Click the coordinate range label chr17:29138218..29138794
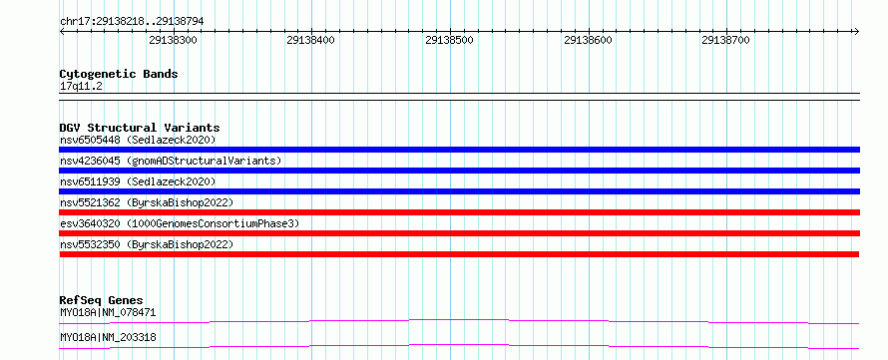(132, 22)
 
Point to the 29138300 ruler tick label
(173, 40)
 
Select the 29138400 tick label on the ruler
(311, 40)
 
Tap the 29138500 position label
(449, 40)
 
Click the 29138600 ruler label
(588, 40)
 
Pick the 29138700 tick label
(725, 40)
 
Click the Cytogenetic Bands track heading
(119, 74)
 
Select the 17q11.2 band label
(81, 87)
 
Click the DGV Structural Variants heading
(140, 128)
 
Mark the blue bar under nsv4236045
(459, 171)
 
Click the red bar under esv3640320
(459, 233)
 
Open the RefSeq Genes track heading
(102, 300)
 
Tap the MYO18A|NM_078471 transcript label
(108, 312)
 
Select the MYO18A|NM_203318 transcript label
(108, 338)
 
